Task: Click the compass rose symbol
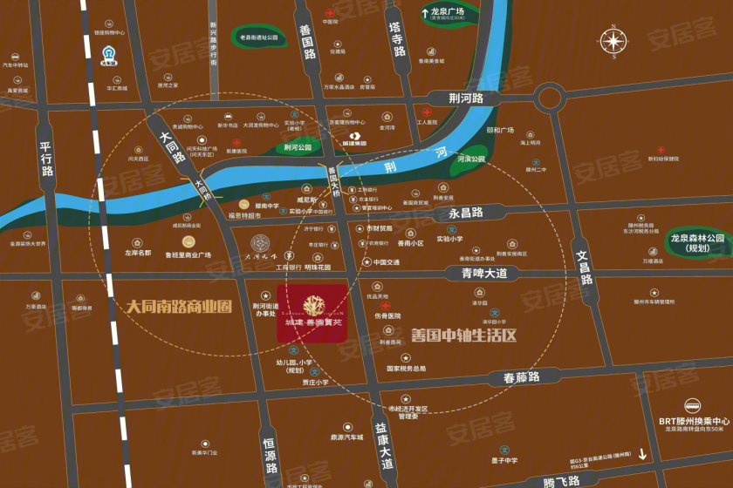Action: (614, 41)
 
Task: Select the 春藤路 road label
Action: (522, 377)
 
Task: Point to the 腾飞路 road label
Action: (561, 481)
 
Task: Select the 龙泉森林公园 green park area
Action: (697, 242)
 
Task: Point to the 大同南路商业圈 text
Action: (179, 307)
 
